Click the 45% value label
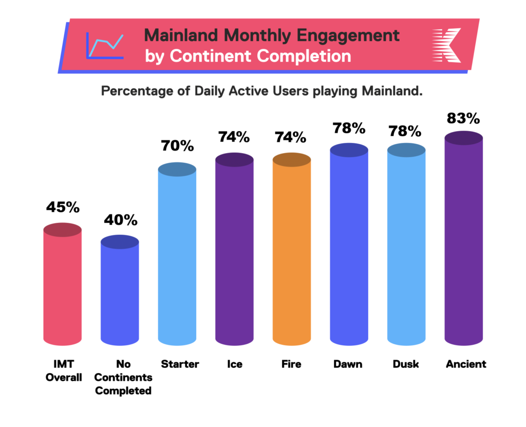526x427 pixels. (x=63, y=207)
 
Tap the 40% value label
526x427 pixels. (x=120, y=220)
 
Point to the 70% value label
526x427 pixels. (x=177, y=146)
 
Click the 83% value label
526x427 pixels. (x=463, y=118)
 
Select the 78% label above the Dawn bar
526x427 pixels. (x=349, y=127)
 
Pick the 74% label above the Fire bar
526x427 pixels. (x=292, y=137)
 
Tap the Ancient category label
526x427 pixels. (x=465, y=364)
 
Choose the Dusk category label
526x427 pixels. (x=406, y=364)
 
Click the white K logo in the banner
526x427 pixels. (x=446, y=46)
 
